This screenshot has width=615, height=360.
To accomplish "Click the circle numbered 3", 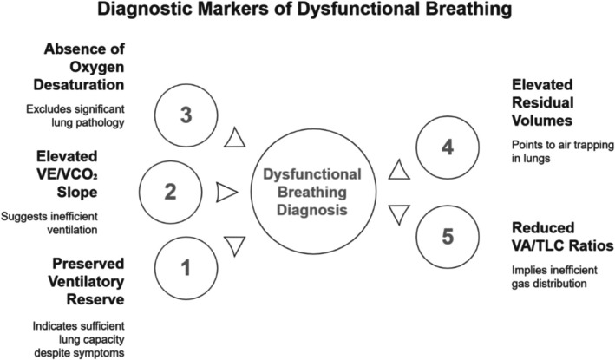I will (186, 115).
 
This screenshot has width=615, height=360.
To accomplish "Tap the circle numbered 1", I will (185, 269).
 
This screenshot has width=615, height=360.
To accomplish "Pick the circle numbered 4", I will (448, 148).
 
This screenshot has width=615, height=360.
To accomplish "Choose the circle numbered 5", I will (447, 234).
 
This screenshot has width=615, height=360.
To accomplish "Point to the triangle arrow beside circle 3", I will (235, 138).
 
